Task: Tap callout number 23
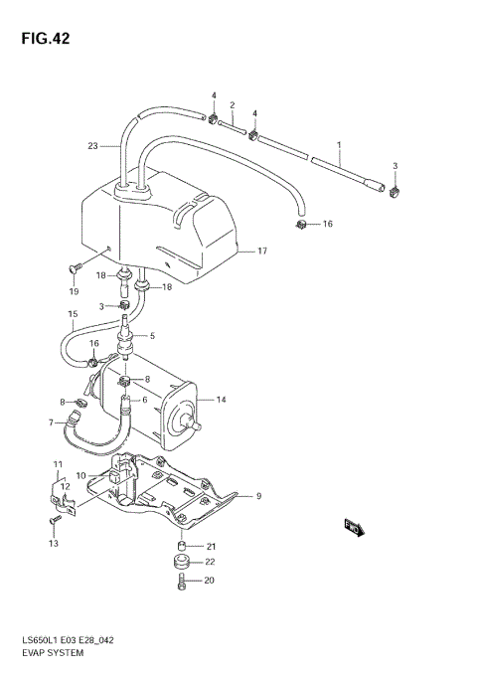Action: [92, 146]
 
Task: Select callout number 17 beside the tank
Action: [263, 251]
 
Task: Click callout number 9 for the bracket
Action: [258, 496]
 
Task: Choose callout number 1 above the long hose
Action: [339, 145]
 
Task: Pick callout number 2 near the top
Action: [232, 105]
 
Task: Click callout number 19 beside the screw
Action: [73, 291]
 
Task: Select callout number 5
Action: [152, 337]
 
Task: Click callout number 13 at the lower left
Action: [53, 544]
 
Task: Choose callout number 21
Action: [212, 546]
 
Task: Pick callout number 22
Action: [212, 563]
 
